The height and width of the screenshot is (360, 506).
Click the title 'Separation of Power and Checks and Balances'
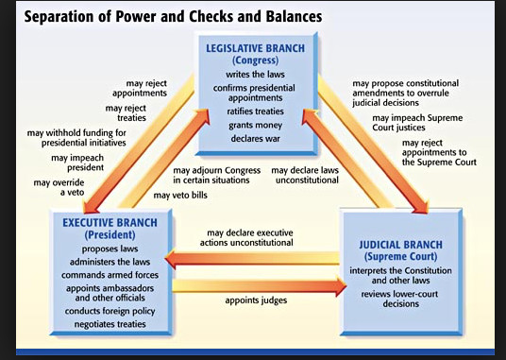(173, 17)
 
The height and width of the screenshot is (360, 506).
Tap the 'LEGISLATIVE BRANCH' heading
(255, 48)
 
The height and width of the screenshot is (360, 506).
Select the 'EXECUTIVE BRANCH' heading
(110, 223)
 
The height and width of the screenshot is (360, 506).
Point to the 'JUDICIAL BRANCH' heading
(401, 245)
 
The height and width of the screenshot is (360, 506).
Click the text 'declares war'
(255, 139)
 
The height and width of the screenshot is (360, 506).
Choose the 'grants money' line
(255, 126)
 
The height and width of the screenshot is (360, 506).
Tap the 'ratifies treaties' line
(255, 111)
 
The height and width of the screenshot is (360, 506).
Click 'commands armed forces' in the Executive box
(110, 275)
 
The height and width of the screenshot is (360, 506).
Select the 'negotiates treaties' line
(110, 324)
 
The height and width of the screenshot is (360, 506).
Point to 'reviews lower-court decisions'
(399, 299)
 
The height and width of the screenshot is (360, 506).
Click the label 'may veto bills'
(180, 196)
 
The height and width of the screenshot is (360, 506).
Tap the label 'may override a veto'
(59, 188)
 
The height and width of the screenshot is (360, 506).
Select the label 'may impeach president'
(77, 163)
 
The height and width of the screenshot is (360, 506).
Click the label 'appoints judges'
(256, 300)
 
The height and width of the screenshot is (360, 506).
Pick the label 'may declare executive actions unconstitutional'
(246, 237)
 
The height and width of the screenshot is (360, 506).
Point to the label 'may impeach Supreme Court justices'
(417, 123)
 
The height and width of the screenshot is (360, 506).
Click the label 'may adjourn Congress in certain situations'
(217, 176)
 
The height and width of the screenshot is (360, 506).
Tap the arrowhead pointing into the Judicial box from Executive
(341, 286)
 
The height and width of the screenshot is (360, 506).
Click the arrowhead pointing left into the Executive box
(170, 259)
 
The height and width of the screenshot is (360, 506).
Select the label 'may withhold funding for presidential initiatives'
(76, 138)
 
